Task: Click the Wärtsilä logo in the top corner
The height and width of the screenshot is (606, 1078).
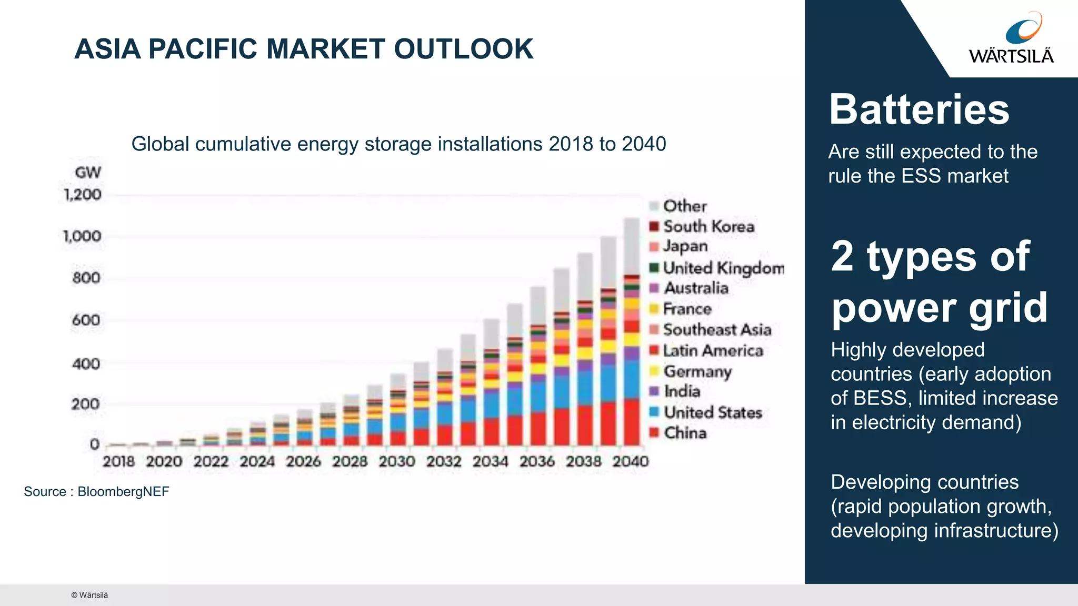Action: pyautogui.click(x=1011, y=38)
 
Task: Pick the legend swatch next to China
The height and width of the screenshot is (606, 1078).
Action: pyautogui.click(x=654, y=433)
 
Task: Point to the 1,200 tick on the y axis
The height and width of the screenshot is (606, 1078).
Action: pyautogui.click(x=83, y=195)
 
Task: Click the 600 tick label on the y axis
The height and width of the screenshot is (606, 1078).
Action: pyautogui.click(x=86, y=320)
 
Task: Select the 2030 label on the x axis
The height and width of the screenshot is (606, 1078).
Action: pyautogui.click(x=397, y=462)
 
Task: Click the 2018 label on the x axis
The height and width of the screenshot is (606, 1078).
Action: pyautogui.click(x=119, y=462)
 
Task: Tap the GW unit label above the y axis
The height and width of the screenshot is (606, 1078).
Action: pyautogui.click(x=88, y=173)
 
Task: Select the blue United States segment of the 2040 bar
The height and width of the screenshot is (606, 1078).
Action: pyautogui.click(x=632, y=379)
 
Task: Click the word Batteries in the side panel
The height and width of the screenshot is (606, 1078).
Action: pyautogui.click(x=919, y=109)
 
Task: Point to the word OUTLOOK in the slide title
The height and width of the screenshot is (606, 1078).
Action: pyautogui.click(x=464, y=49)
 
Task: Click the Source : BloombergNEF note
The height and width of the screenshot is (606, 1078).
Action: pyautogui.click(x=96, y=492)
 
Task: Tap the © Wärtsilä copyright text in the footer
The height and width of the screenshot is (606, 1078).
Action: pyautogui.click(x=89, y=595)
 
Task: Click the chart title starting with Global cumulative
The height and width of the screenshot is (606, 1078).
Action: pyautogui.click(x=398, y=144)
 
